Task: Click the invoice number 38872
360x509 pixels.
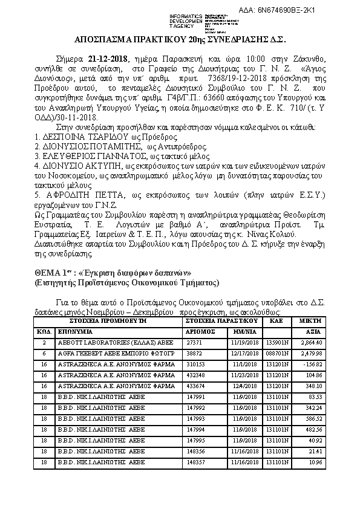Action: (x=193, y=352)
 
